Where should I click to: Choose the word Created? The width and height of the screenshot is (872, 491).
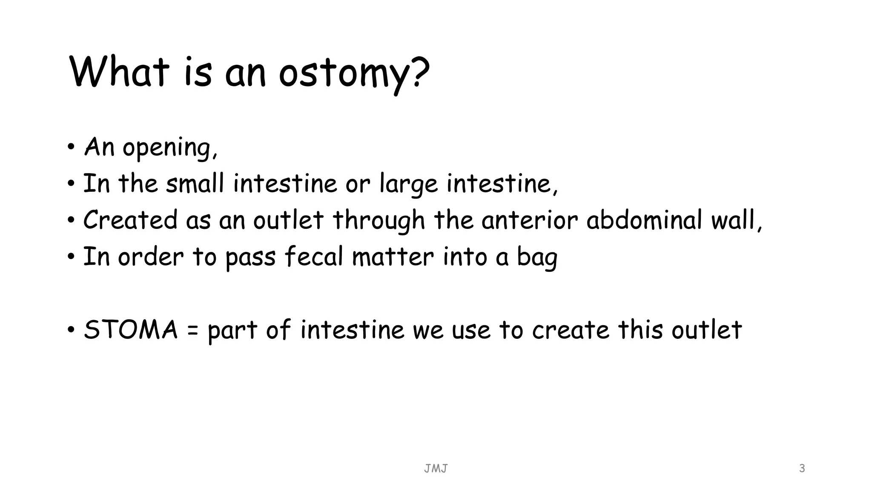[x=130, y=220]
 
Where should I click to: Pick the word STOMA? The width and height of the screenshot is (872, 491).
[x=131, y=330]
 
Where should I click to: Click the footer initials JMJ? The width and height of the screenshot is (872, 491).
[x=436, y=469]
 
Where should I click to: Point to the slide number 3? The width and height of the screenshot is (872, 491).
[x=802, y=468]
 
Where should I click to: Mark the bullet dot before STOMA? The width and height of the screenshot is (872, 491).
[x=71, y=330]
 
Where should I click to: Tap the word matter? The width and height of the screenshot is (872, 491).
[x=393, y=257]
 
